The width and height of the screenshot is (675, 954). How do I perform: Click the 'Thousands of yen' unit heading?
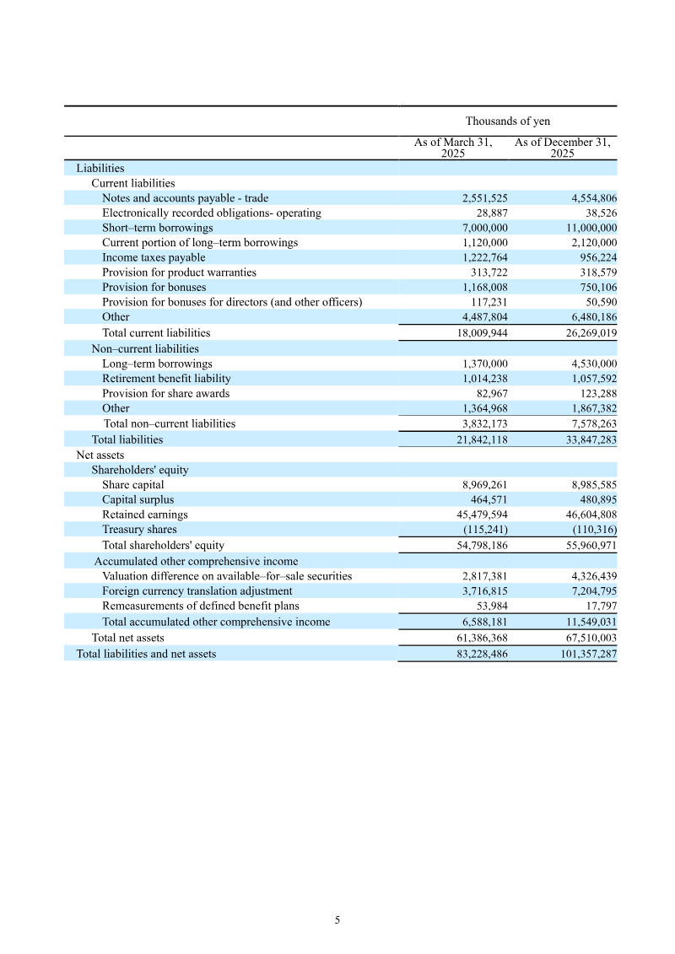point(507,121)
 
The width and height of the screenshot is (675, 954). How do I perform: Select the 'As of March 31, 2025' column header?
point(453,148)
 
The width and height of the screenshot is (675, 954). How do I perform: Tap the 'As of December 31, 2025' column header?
point(562,148)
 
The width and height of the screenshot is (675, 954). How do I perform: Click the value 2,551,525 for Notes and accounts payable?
point(484,198)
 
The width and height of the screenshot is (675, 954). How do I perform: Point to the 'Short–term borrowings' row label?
point(157,228)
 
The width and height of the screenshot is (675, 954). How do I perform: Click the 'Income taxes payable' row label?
point(154,257)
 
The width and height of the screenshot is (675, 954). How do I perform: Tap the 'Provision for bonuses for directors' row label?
point(232,302)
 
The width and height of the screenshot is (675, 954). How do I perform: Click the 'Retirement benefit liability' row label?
point(166,379)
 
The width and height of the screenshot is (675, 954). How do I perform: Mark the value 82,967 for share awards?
point(492,393)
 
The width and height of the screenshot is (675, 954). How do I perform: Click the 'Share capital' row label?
point(133,485)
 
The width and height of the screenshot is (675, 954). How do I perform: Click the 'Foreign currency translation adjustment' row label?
point(197,591)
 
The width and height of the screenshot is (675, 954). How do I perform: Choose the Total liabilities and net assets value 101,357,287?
point(585,654)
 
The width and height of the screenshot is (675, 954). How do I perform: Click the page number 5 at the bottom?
point(337,920)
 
